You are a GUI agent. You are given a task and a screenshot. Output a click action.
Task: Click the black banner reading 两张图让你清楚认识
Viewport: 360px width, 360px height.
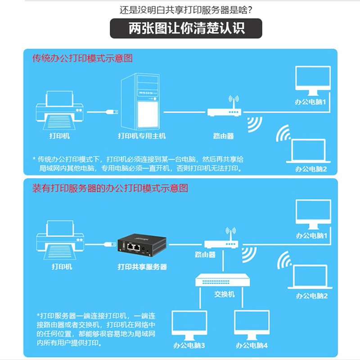click(186, 28)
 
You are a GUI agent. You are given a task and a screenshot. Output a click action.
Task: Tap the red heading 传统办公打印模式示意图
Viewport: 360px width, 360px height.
click(82, 58)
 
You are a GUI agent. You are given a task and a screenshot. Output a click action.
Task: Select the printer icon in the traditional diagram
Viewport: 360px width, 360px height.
click(59, 110)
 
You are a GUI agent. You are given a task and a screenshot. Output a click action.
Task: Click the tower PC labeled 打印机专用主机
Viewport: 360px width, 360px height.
click(140, 101)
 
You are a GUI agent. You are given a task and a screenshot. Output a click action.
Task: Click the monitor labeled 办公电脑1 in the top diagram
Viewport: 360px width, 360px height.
click(313, 81)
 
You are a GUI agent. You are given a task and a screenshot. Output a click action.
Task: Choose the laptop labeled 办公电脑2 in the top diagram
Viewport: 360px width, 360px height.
click(308, 151)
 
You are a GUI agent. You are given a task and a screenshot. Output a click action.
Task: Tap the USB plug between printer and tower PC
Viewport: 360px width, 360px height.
click(112, 112)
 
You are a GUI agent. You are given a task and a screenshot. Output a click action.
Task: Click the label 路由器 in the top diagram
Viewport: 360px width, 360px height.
click(223, 136)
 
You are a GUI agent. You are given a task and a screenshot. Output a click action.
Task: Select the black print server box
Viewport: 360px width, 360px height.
click(142, 245)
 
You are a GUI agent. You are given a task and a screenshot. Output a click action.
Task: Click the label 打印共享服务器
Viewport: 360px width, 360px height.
click(142, 267)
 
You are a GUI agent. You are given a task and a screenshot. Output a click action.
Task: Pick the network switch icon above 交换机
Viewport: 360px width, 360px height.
click(222, 280)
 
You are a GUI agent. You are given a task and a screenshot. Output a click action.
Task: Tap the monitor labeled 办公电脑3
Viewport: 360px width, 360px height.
click(189, 325)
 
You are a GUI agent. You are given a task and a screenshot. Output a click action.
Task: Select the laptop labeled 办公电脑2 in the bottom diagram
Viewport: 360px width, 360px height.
click(310, 277)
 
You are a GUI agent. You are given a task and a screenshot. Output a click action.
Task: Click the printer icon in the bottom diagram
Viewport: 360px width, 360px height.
click(60, 240)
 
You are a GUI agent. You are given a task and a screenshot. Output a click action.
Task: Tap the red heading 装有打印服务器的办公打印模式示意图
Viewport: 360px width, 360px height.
click(110, 188)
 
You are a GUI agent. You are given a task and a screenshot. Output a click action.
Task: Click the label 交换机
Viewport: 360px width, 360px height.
click(224, 294)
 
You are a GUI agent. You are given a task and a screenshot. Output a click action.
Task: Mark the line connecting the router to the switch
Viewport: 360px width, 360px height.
click(223, 261)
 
